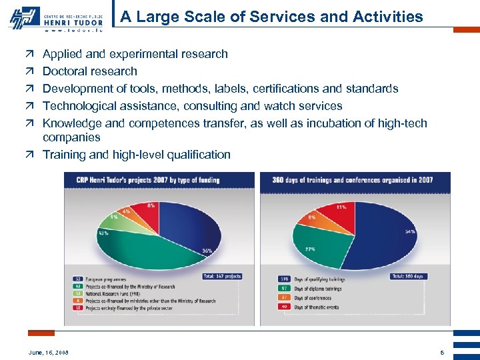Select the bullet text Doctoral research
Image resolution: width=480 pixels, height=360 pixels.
(90, 71)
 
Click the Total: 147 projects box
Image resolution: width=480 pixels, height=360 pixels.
(221, 276)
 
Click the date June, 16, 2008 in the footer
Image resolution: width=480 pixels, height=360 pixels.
(49, 352)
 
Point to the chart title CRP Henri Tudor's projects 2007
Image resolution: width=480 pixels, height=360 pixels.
(157, 180)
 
